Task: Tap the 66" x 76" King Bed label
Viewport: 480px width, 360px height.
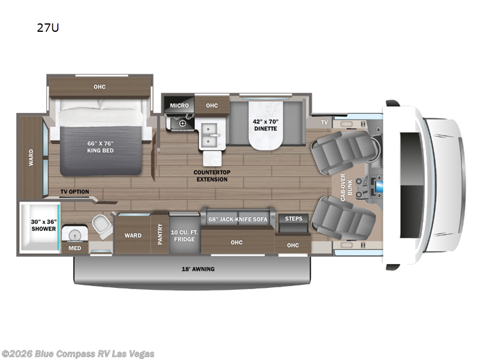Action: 100,146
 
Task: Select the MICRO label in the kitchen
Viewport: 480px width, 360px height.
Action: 179,106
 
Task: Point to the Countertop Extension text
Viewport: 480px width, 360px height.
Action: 211,175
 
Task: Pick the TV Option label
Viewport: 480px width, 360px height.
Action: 74,192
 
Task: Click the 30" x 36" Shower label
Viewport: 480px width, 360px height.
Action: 44,225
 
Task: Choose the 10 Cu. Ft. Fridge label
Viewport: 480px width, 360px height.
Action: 184,235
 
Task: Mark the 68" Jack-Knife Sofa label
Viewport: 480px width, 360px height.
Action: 238,219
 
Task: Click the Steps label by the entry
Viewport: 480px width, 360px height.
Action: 293,219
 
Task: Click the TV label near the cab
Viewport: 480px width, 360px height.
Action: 325,122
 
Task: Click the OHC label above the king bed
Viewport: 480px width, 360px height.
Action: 100,87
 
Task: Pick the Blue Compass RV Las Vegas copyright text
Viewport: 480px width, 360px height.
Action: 78,353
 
